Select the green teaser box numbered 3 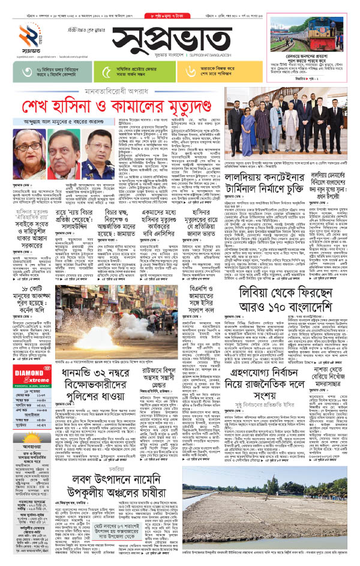(46, 71)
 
